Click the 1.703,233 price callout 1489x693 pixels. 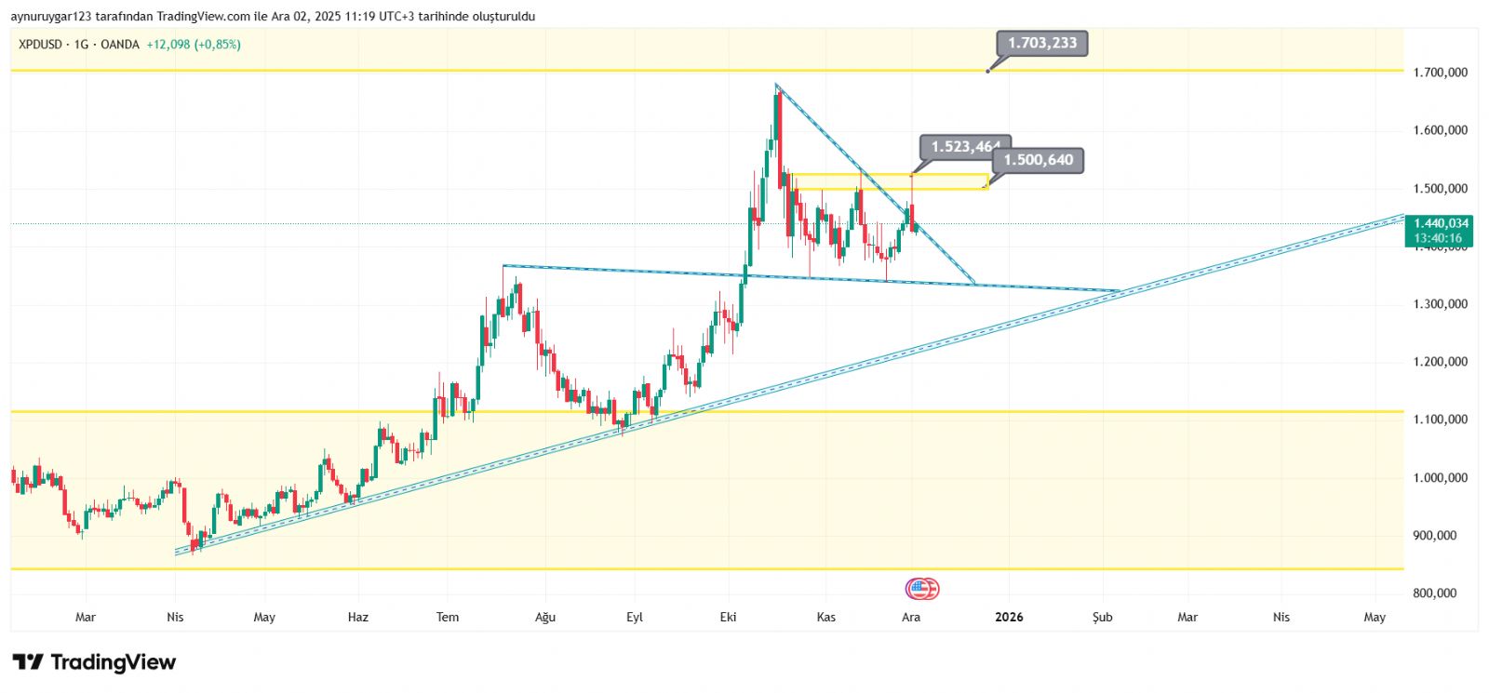click(1042, 43)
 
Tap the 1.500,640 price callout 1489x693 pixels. click(1038, 160)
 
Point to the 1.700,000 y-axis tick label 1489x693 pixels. click(1440, 73)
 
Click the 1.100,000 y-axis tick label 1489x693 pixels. click(1440, 420)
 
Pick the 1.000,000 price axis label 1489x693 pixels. click(1440, 478)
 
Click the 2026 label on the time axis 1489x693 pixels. click(1009, 617)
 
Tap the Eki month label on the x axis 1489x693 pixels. click(729, 617)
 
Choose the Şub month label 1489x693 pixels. click(1103, 617)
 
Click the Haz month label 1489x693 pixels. click(357, 617)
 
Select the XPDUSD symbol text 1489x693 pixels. click(40, 45)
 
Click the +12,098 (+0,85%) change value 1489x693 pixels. click(194, 45)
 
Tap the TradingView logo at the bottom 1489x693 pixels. click(94, 662)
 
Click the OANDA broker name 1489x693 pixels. click(120, 45)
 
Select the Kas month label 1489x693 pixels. click(825, 617)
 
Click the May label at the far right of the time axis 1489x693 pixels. click(1375, 617)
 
